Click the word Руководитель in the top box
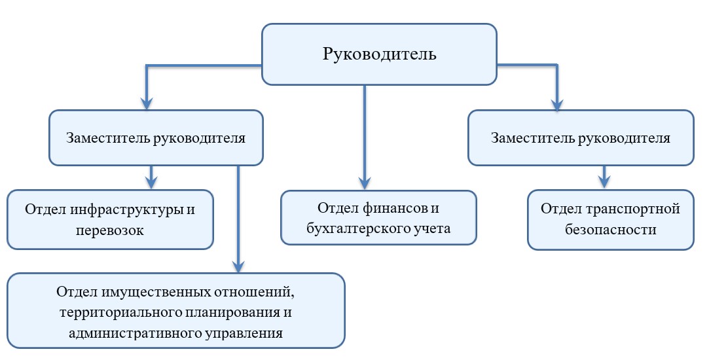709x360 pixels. click(x=379, y=54)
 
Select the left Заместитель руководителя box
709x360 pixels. click(x=156, y=137)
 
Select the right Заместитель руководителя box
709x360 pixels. click(x=581, y=137)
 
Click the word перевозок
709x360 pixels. click(x=110, y=230)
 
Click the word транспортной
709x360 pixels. click(x=633, y=209)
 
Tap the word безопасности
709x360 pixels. click(x=610, y=229)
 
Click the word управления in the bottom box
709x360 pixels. click(x=244, y=334)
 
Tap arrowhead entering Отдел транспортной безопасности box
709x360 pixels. click(x=604, y=182)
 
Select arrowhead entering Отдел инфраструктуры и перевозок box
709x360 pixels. click(x=151, y=182)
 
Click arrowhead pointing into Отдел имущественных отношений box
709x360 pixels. click(x=238, y=266)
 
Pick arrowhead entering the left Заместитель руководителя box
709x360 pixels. click(x=146, y=103)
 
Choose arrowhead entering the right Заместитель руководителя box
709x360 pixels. click(x=557, y=103)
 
